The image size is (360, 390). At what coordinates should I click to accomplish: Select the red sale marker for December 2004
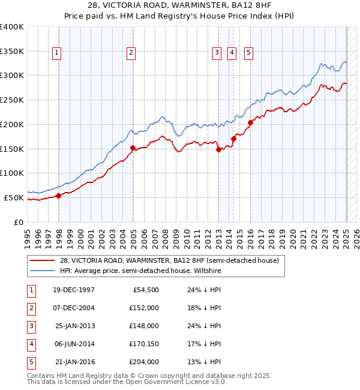133,147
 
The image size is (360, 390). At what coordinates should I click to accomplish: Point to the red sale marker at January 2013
218,150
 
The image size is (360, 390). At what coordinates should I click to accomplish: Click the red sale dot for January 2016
250,122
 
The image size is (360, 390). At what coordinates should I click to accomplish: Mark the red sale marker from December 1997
58,195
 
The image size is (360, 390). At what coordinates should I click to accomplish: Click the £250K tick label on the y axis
13,100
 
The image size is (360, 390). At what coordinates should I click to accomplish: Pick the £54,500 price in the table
144,290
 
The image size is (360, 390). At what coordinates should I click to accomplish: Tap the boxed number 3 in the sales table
31,326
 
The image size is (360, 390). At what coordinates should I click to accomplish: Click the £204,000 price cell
144,362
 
